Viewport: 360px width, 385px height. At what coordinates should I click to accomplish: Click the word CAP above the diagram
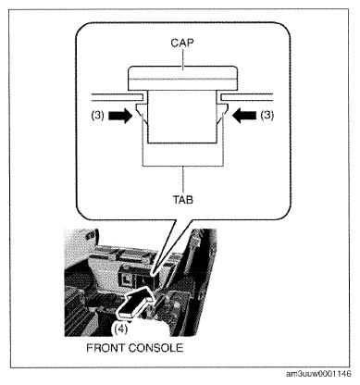click(x=182, y=43)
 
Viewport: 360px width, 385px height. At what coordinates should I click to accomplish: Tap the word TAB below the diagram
click(x=183, y=200)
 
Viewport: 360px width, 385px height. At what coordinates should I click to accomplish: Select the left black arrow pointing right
click(x=120, y=116)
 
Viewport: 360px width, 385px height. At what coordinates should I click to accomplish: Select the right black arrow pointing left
click(x=244, y=116)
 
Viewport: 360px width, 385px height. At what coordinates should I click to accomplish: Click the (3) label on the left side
click(x=97, y=116)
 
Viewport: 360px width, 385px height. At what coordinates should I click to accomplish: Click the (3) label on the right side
click(x=267, y=116)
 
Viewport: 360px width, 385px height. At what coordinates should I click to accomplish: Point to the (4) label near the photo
click(x=120, y=329)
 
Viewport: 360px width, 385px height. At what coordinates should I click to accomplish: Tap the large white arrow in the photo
click(x=136, y=303)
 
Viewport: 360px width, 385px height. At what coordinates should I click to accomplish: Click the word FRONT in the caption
click(x=106, y=348)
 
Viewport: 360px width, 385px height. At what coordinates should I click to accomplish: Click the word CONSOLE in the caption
click(x=155, y=348)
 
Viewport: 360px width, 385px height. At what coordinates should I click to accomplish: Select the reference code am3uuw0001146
click(x=318, y=374)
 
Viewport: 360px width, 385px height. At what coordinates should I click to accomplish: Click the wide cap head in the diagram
click(x=183, y=78)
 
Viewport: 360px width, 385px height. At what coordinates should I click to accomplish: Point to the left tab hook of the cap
click(x=141, y=113)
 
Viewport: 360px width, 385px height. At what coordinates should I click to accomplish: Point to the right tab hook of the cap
click(x=223, y=113)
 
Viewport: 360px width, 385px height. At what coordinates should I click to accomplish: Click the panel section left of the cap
click(x=118, y=97)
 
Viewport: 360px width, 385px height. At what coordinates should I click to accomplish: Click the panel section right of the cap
click(x=246, y=97)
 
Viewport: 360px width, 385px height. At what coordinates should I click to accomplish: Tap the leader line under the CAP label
click(x=183, y=57)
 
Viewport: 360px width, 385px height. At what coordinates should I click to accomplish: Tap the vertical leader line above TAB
click(x=183, y=180)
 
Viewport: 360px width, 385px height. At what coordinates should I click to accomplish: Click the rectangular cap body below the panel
click(x=182, y=118)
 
